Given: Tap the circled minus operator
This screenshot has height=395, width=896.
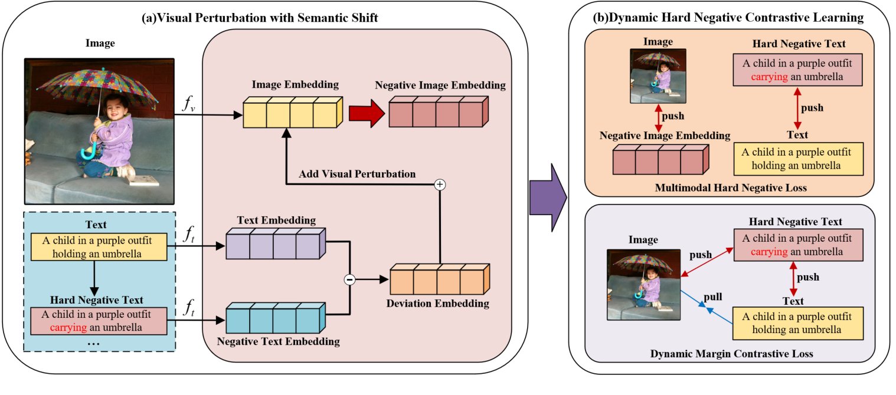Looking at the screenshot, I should [x=349, y=279].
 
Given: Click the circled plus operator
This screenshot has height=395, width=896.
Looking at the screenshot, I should [x=439, y=185].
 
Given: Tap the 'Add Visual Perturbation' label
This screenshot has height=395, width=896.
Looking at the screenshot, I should [x=357, y=174].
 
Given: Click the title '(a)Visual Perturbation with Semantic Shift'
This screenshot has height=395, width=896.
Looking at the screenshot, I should [x=260, y=18].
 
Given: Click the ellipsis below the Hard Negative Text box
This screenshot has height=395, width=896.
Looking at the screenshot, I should [x=94, y=343].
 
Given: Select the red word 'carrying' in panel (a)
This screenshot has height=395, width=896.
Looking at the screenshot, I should [x=68, y=327].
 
